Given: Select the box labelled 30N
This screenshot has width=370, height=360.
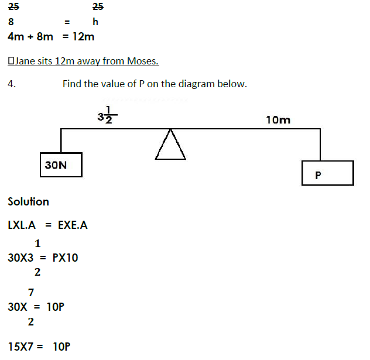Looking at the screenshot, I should point(60,164).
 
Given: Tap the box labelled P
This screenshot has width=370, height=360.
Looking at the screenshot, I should point(327,174).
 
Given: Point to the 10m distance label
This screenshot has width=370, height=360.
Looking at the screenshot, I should point(277,120).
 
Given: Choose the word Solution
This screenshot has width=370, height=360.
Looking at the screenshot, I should point(28,202).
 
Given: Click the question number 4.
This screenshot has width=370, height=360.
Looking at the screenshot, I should point(11,84).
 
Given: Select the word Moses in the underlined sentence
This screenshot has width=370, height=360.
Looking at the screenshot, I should point(142,61).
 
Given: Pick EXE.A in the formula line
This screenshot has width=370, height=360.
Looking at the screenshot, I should point(73,225).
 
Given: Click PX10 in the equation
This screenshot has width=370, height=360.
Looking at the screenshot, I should point(65,257).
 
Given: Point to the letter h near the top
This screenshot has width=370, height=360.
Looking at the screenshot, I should point(95,22).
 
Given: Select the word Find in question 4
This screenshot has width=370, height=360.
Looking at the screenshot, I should point(72,84).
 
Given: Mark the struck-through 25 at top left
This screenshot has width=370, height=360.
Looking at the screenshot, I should point(13,7).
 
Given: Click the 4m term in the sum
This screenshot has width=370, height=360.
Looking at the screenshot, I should point(16,36).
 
